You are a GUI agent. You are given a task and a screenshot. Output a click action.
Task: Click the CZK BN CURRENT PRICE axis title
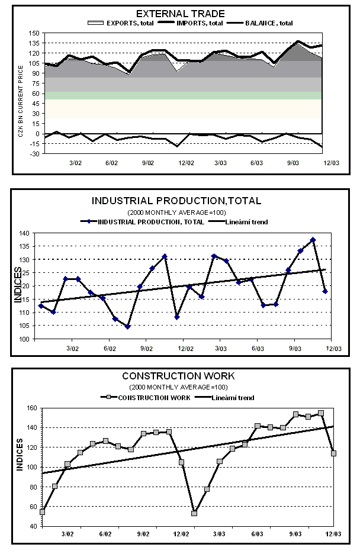[21, 94]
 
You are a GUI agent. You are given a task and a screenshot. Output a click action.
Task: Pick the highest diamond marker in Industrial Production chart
[313, 240]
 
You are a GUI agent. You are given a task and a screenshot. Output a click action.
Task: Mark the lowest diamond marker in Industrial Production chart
[127, 326]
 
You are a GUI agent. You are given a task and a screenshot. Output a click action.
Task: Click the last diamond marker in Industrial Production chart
[325, 291]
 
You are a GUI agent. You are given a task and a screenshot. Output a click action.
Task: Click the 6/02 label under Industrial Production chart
[110, 349]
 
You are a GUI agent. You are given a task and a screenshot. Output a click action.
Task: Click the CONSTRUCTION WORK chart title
[178, 376]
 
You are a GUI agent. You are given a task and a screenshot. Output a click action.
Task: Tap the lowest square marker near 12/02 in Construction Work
[194, 513]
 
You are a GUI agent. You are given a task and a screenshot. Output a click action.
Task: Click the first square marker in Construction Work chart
[42, 511]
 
